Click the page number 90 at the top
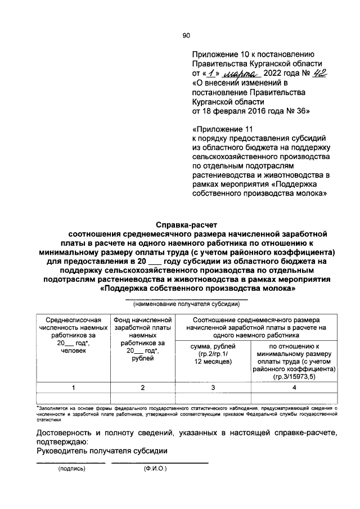click(x=187, y=35)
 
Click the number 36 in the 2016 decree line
click(x=303, y=111)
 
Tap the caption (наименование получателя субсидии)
click(x=186, y=304)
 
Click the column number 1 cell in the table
click(x=73, y=388)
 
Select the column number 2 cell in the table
click(x=142, y=388)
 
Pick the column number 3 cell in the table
click(x=213, y=388)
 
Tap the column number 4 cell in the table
click(x=295, y=388)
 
